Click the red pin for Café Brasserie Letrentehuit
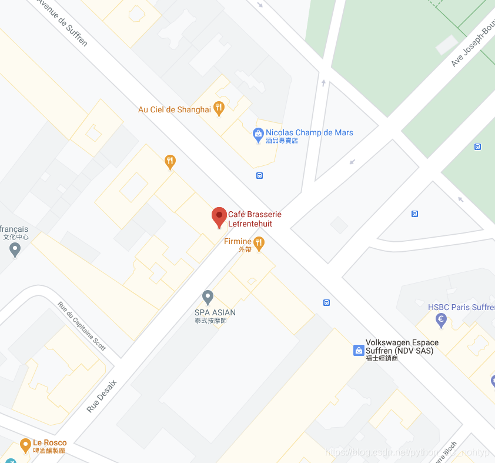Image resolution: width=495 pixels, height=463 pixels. (219, 216)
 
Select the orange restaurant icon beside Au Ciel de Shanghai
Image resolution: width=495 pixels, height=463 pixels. (219, 108)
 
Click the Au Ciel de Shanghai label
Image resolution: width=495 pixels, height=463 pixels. (174, 109)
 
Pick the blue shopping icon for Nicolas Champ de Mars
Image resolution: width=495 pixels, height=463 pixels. (258, 135)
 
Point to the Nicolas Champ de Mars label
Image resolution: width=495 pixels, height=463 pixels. (309, 133)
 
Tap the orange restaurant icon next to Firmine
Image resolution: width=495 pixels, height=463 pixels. (259, 242)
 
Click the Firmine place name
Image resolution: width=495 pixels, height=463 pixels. (238, 242)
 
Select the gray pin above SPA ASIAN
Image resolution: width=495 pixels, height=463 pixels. (208, 297)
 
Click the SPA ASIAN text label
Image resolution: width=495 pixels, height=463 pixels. (215, 312)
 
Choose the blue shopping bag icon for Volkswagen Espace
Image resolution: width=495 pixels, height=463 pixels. (358, 350)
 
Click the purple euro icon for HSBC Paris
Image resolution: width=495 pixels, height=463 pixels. (441, 320)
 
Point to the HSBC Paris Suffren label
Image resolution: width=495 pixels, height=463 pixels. (461, 307)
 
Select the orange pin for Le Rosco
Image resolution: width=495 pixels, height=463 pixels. (25, 445)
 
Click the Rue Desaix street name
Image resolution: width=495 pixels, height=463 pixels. (102, 395)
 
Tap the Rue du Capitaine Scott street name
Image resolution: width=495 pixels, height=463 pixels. (82, 327)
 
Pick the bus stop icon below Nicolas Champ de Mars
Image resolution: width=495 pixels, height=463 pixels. (259, 175)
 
